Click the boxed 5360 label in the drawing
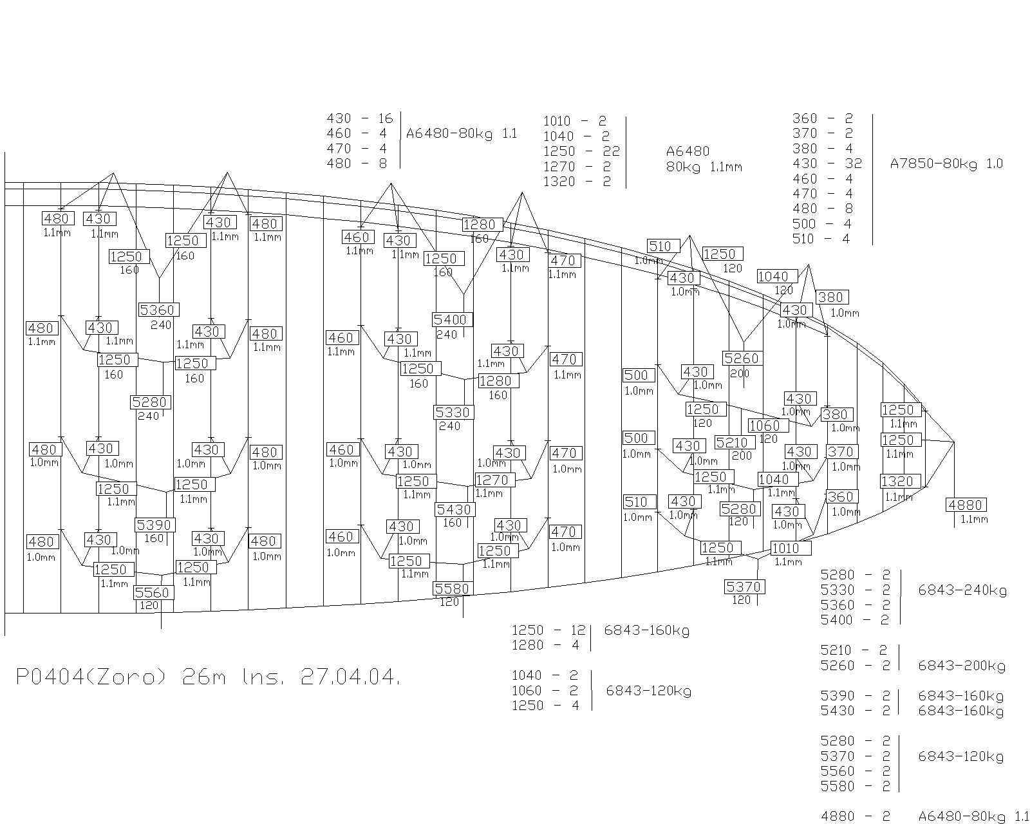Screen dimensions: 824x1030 [158, 310]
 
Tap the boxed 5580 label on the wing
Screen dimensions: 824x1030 [453, 588]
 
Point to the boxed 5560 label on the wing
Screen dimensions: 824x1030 [154, 592]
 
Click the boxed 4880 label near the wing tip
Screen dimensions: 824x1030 [966, 505]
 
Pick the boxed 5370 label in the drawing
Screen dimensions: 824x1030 [745, 586]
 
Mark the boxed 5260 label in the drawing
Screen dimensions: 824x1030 [742, 358]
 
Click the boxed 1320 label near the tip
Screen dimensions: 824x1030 [899, 482]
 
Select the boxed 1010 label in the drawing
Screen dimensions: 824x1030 [787, 548]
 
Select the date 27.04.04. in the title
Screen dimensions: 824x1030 [350, 677]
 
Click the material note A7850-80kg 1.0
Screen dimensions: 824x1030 [946, 164]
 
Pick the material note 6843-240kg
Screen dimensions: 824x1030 [962, 590]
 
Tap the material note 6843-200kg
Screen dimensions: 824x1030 [962, 666]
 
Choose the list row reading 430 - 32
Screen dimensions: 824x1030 [827, 164]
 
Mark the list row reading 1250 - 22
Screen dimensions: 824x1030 [581, 151]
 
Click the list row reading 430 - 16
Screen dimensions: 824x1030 [359, 118]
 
